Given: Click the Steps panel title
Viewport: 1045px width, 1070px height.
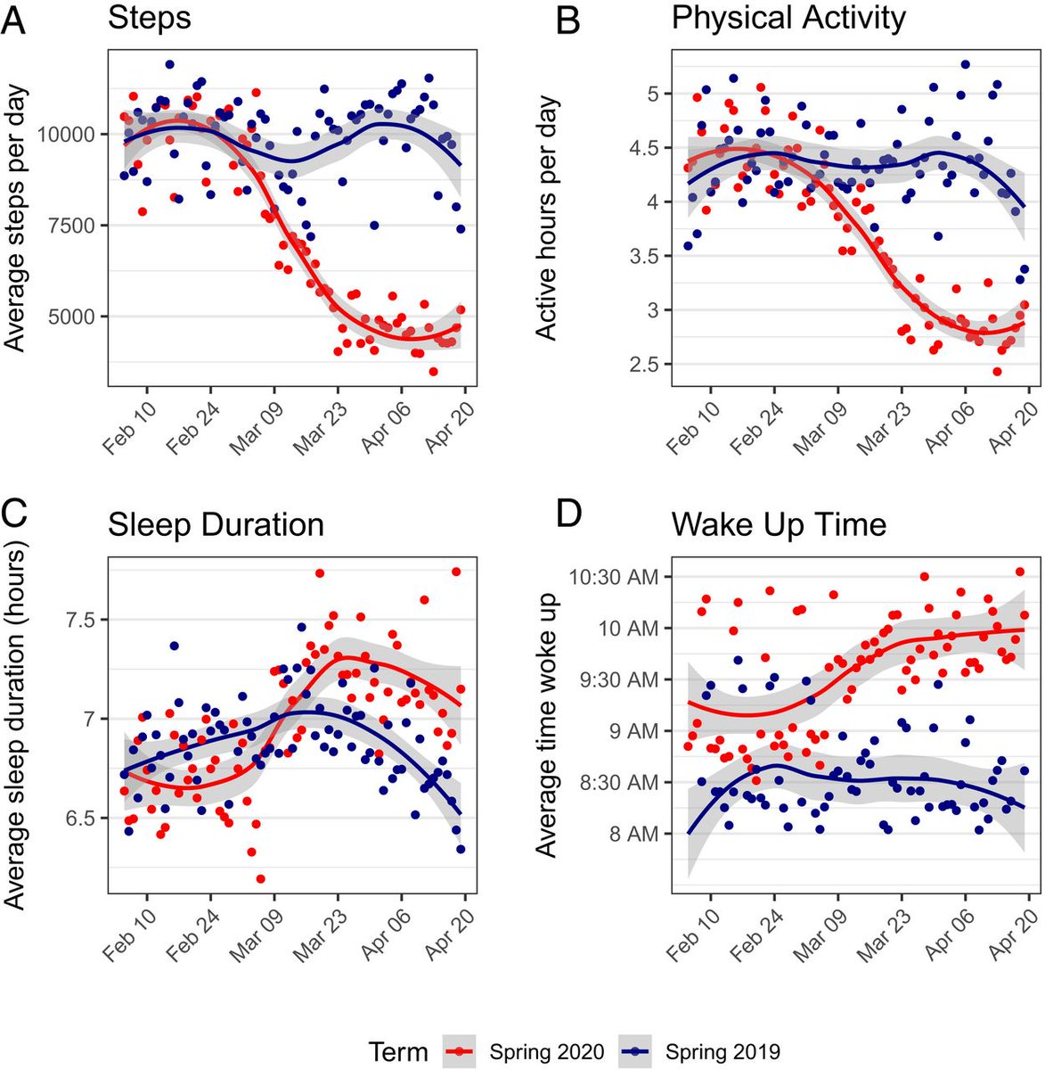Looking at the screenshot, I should [149, 19].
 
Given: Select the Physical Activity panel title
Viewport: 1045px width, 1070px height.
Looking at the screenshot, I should [788, 18].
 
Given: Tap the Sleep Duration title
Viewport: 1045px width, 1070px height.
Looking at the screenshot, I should [216, 524].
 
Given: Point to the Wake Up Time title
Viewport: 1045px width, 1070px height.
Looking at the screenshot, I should [779, 524].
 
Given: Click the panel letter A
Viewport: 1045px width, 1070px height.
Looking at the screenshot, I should [15, 19].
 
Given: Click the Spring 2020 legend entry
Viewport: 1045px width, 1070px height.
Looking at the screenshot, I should [533, 1051].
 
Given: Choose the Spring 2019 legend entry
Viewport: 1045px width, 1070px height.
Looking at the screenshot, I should [709, 1051].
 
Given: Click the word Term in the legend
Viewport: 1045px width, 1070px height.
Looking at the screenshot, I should [398, 1051].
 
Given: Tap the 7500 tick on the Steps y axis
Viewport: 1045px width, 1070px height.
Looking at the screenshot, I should [68, 226].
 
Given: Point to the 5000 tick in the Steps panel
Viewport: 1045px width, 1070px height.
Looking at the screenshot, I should [68, 317].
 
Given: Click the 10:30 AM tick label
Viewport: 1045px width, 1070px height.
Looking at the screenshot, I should [614, 577].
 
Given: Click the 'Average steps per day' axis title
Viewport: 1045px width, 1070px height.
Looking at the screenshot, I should [15, 218].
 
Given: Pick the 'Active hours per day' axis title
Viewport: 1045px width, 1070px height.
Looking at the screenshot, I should [546, 218].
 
